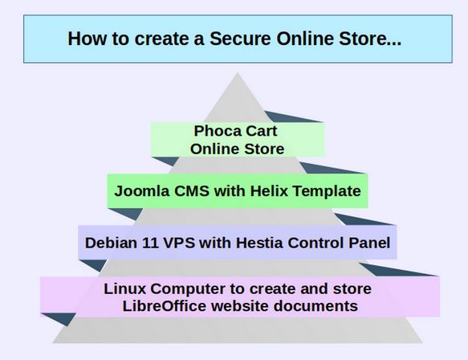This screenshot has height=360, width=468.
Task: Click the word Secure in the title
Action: tap(240, 39)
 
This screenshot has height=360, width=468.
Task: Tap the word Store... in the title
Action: tap(370, 39)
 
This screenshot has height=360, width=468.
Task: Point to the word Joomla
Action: tap(142, 191)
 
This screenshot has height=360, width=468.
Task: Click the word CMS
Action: tap(192, 191)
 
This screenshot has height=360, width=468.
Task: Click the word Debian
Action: tap(111, 243)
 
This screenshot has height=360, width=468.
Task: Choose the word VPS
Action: tap(179, 243)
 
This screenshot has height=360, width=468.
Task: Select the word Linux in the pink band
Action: tap(125, 288)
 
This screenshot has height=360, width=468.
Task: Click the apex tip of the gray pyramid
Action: tap(238, 72)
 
